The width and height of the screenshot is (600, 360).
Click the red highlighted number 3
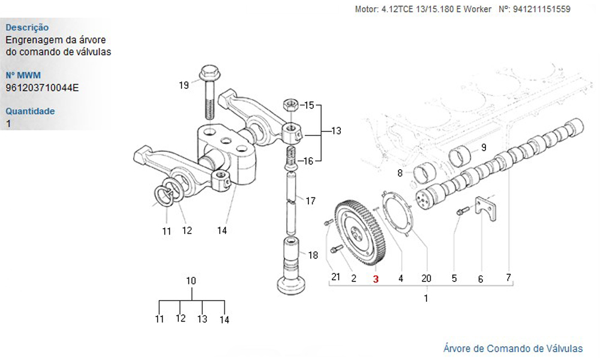click(x=376, y=278)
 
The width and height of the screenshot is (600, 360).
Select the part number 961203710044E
click(x=42, y=88)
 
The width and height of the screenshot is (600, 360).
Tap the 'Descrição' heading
click(x=27, y=28)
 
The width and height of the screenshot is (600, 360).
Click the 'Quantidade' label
click(x=30, y=111)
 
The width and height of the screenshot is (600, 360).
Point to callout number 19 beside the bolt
click(x=184, y=85)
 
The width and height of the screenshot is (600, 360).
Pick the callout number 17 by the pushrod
click(x=310, y=201)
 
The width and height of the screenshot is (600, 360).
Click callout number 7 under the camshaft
click(x=508, y=277)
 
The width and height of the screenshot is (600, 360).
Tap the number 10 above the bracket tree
click(x=191, y=280)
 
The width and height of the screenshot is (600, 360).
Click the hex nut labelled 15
click(x=290, y=105)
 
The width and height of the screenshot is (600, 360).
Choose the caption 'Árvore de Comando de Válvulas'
click(x=512, y=348)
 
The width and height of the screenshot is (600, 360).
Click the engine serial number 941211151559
click(x=542, y=9)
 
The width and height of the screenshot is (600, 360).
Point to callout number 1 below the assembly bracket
click(x=426, y=298)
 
